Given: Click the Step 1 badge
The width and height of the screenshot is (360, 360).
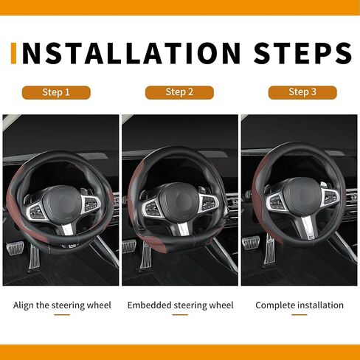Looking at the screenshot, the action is pos(56,92).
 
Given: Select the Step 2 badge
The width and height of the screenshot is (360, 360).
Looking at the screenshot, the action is pos(179,92).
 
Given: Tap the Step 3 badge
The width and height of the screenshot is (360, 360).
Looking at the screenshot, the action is pos(302,92).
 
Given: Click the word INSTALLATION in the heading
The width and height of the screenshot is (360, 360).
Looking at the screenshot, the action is pos(131,53).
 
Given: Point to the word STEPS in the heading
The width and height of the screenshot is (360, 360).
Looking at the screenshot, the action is pos(302,53).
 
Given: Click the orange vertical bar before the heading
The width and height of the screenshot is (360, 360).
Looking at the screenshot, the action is pos(14,53).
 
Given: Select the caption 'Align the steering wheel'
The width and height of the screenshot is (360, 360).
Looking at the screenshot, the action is pos(62,305).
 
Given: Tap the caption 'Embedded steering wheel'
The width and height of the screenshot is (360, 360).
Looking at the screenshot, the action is pos(180,305).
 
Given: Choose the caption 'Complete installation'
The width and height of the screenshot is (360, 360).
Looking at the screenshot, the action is pos(300,305).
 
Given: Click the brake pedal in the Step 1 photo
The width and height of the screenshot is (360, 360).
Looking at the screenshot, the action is pos(15,249).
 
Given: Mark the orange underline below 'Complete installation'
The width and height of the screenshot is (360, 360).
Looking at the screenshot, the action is pos(300,314).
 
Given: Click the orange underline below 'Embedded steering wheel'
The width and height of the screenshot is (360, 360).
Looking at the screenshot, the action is pos(180,314).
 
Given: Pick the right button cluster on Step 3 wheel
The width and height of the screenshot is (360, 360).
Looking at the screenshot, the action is pos(331,198).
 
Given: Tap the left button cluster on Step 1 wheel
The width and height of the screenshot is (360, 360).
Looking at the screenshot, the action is pos(35,211).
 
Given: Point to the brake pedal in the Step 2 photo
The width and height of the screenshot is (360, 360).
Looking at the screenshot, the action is pos(129,246).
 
